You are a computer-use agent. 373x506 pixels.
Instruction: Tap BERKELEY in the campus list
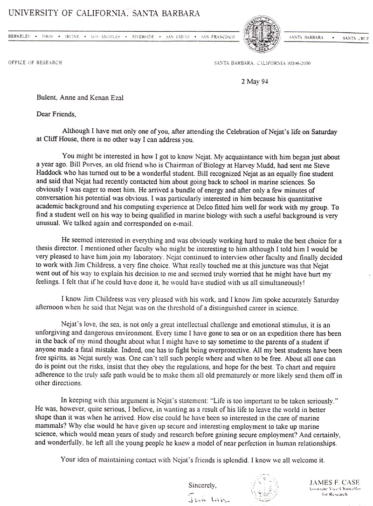[19, 36]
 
